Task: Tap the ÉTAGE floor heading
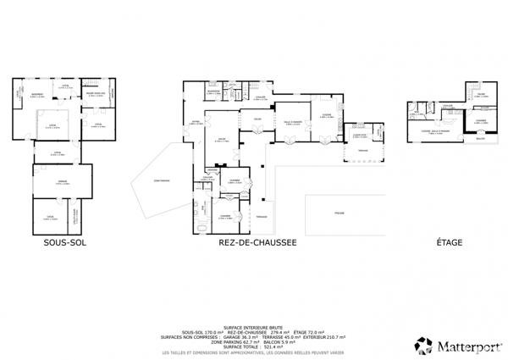coord(450,242)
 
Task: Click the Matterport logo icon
coord(423,345)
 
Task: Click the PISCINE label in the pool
coord(339,212)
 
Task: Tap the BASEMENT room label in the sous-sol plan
coord(37,95)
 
